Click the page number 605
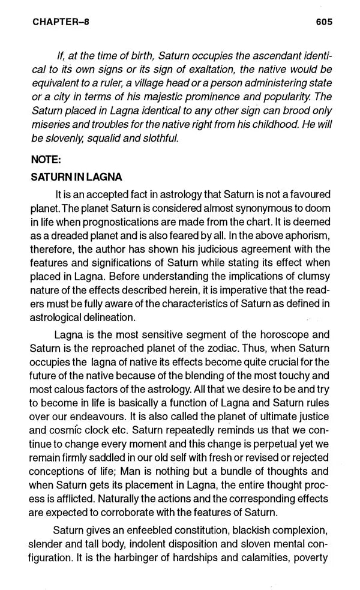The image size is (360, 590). click(x=323, y=22)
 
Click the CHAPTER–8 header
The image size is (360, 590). click(x=53, y=22)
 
